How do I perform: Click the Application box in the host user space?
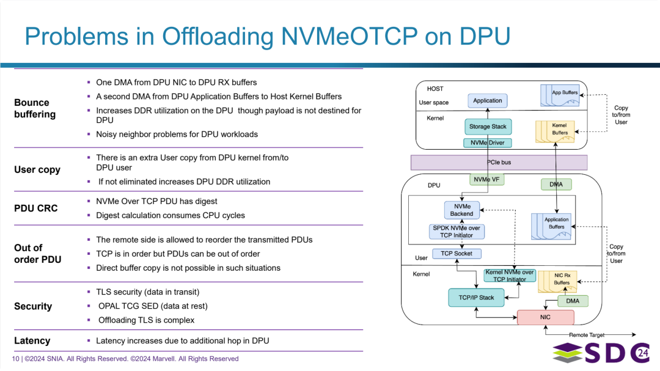point(487,101)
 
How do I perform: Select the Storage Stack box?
point(488,127)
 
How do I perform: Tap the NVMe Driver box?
point(488,143)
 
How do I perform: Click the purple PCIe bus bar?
point(499,163)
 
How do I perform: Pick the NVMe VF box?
point(487,180)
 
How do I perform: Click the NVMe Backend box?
point(461,210)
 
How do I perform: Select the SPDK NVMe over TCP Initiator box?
point(457,232)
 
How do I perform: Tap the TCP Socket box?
point(457,253)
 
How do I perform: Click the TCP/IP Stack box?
point(476,298)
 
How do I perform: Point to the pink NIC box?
point(545,317)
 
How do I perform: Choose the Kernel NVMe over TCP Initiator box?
point(509,276)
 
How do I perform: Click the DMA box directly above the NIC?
point(573,301)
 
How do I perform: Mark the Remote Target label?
point(587,335)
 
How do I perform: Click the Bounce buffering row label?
point(35,108)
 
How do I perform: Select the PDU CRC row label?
point(36,208)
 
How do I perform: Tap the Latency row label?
point(32,340)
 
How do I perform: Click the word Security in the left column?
point(33,306)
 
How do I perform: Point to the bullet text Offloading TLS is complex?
point(146,320)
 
